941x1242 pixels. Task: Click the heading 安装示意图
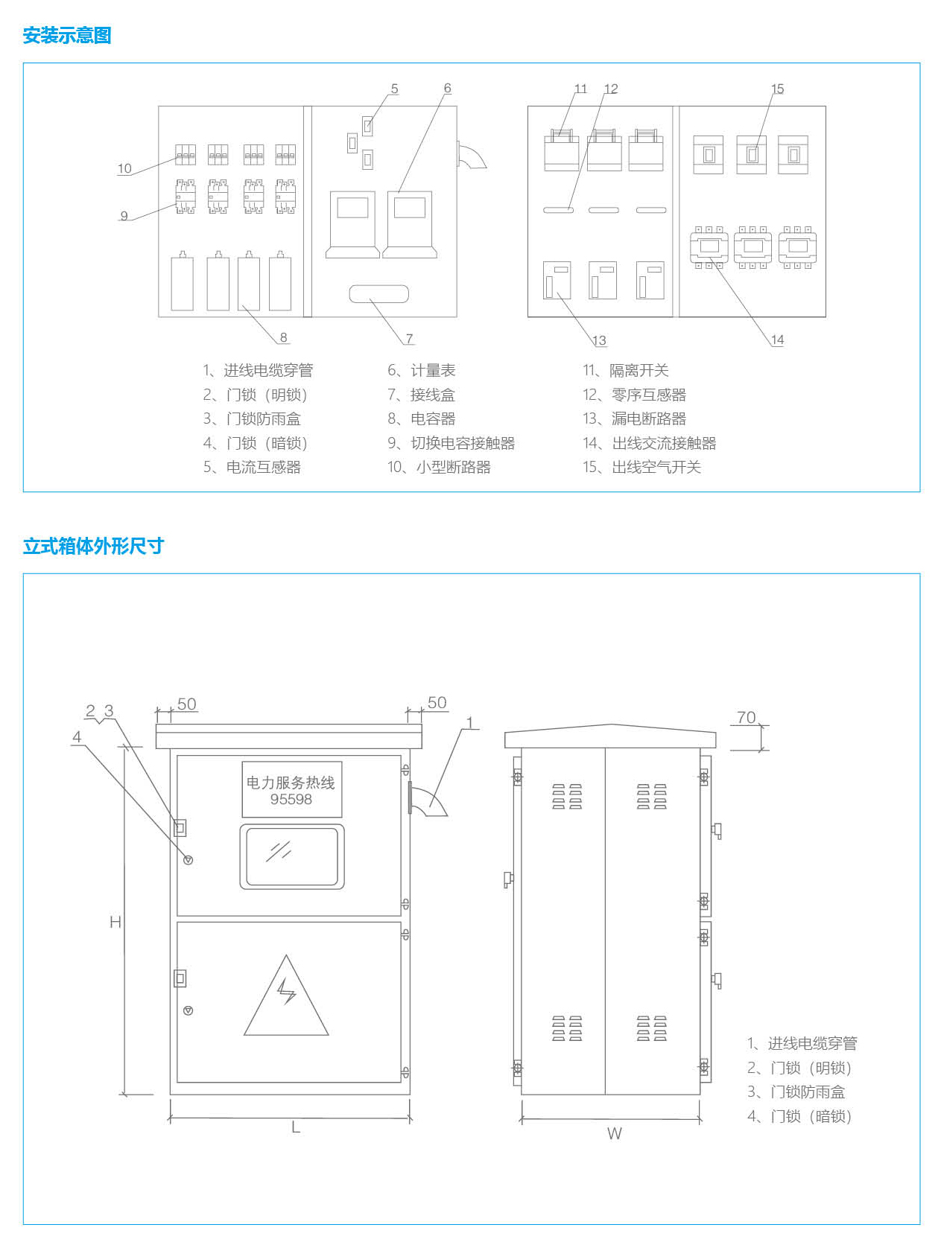point(67,36)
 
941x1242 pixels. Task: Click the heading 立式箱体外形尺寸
point(93,547)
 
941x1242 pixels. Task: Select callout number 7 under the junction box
point(409,339)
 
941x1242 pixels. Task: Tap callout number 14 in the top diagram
point(777,340)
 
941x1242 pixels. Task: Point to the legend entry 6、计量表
point(422,371)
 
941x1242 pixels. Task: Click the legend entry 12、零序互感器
point(634,395)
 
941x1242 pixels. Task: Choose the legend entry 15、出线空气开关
point(641,467)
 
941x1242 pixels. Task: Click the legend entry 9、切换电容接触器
point(451,443)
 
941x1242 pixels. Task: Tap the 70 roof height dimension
point(746,717)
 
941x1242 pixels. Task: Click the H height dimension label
point(115,922)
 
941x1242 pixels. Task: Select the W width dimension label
point(614,1133)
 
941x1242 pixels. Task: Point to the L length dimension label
point(296,1127)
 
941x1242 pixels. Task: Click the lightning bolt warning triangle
point(286,998)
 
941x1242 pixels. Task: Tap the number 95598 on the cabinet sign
point(291,800)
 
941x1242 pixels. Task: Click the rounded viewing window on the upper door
point(292,856)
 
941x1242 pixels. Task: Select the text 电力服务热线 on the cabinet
point(291,782)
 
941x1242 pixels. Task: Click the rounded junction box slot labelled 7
point(379,294)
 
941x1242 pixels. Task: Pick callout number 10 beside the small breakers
point(124,168)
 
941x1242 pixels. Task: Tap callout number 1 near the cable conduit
point(469,722)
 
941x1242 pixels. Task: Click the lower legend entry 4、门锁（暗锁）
point(799,1116)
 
